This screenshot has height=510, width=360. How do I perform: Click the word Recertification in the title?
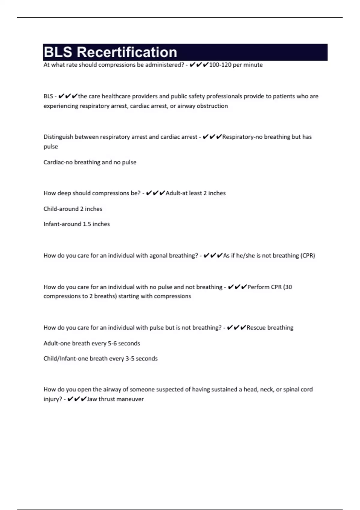point(127,52)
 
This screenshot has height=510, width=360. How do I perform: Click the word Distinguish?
point(58,137)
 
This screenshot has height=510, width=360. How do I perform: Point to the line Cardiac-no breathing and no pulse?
point(90,162)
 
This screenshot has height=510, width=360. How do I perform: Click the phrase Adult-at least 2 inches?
point(196,193)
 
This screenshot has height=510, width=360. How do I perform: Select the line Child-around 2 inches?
point(73,209)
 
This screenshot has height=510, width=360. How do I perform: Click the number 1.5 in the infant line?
point(87,224)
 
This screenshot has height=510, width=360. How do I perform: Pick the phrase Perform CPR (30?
point(270,287)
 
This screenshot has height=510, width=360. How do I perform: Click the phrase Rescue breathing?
point(270,328)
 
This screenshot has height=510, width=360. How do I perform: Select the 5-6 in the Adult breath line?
point(112,343)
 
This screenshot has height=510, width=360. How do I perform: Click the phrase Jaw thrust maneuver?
point(115,399)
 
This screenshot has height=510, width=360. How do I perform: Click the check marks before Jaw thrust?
point(77,399)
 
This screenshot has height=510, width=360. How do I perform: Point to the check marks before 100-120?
point(199,65)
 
